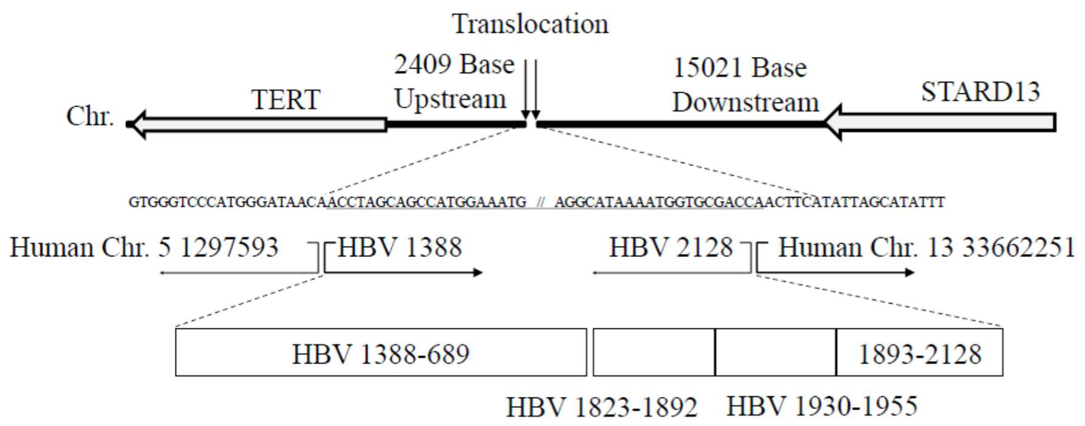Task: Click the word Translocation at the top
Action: pos(530,24)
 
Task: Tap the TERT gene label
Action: pos(285,99)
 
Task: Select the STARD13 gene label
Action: pos(980,92)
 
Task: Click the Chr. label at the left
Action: pos(90,116)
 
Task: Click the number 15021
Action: pos(705,68)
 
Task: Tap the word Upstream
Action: pos(450,99)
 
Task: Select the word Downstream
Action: pos(745,102)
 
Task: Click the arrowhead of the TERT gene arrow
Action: pos(138,124)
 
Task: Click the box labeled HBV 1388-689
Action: pos(381,353)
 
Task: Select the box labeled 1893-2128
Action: pos(919,353)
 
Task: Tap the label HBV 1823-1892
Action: pos(601,407)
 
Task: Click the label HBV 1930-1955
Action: pos(822,406)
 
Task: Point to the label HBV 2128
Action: pos(670,247)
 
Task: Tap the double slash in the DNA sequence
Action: pos(540,203)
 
